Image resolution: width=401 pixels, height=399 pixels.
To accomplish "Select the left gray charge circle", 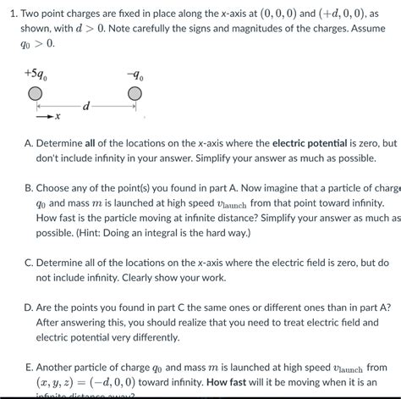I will [x=36, y=93].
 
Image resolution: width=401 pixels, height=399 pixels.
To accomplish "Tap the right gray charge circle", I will [x=135, y=93].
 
